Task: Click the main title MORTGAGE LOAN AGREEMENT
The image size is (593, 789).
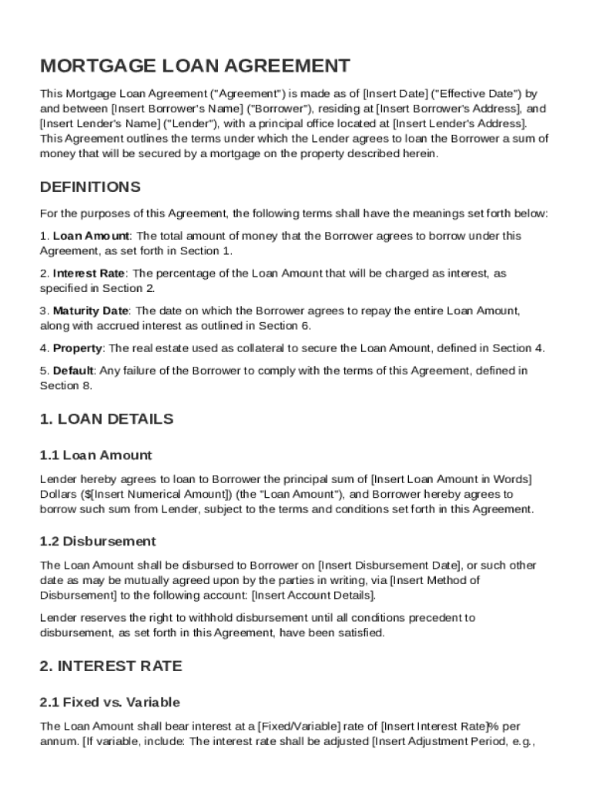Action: tap(195, 66)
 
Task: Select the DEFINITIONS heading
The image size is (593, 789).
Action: tap(90, 187)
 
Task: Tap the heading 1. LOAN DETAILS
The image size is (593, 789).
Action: tap(106, 419)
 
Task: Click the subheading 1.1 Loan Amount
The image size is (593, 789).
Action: tap(95, 455)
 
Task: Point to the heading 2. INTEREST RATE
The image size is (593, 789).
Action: tap(111, 666)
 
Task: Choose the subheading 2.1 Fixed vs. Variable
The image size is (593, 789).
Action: tap(110, 702)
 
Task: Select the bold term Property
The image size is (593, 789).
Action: tap(77, 348)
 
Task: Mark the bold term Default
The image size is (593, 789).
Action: tap(73, 371)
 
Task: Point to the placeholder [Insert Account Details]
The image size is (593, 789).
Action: tap(313, 596)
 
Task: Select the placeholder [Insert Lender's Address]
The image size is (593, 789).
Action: tap(460, 123)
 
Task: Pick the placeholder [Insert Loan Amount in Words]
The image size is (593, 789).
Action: tap(451, 480)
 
